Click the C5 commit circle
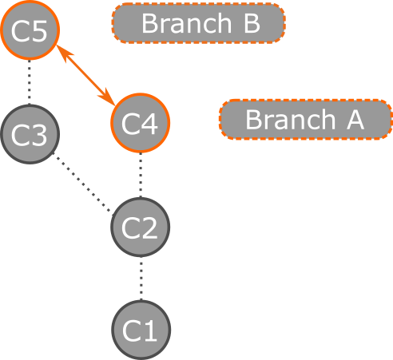pos(30,30)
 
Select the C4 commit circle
pos(141,123)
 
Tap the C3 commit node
pos(30,134)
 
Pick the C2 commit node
pos(141,227)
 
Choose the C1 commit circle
pos(141,330)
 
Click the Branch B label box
pos(199,23)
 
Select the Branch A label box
pos(306,119)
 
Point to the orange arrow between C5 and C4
pos(85,75)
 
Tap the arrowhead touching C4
pos(108,97)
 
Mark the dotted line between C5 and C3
pos(30,82)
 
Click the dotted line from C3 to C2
pos(81,182)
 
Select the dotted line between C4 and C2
pos(141,175)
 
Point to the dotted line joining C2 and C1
pos(141,279)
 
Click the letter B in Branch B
pos(252,23)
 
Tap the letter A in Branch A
pos(355,120)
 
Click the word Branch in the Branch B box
pos(186,23)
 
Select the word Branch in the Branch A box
pos(290,119)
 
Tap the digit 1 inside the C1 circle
pos(150,330)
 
